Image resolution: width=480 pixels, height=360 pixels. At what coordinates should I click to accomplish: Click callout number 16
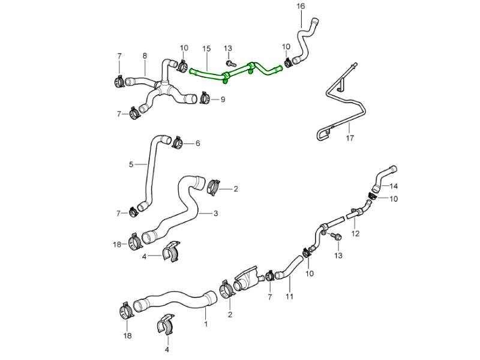click(x=301, y=7)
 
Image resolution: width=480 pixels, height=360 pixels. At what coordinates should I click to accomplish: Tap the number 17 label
click(x=350, y=138)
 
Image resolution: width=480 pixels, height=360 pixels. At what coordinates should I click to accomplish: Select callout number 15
click(x=206, y=49)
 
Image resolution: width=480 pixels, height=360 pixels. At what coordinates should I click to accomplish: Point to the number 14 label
click(x=394, y=186)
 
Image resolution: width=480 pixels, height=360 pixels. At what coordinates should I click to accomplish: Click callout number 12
click(x=355, y=233)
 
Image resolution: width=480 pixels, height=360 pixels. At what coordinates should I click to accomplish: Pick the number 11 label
click(x=289, y=296)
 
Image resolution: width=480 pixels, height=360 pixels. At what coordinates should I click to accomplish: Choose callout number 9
click(x=222, y=100)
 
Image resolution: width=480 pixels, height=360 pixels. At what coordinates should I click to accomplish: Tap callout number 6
click(x=197, y=143)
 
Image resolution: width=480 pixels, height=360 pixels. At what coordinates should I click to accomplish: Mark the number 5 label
click(x=131, y=164)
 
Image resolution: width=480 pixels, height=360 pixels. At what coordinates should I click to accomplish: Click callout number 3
click(x=216, y=213)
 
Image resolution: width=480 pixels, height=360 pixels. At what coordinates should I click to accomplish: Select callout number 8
click(x=145, y=56)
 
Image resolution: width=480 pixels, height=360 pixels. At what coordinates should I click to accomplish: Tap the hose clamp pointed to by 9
click(x=205, y=96)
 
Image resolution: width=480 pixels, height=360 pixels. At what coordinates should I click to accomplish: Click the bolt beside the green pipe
click(x=230, y=62)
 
